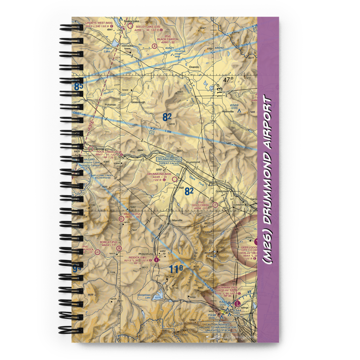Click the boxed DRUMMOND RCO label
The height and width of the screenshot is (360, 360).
coord(169,159)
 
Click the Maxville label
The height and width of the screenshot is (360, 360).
coord(177,220)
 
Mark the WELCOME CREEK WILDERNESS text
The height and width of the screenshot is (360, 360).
coord(103,177)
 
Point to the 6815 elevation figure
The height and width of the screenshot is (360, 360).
coord(171,125)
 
